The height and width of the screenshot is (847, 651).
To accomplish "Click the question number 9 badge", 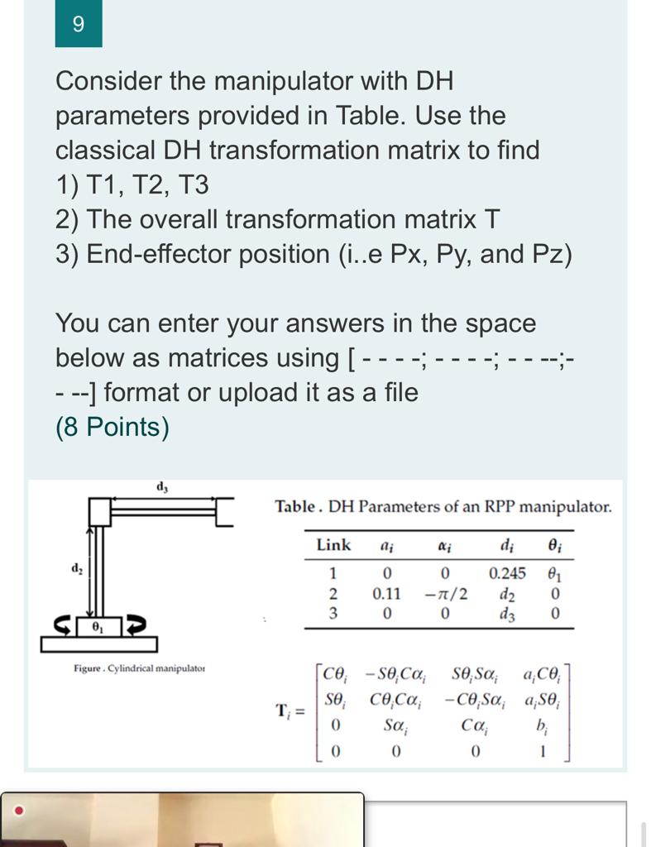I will pos(79,24).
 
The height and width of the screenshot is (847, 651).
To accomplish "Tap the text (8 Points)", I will pos(112,427).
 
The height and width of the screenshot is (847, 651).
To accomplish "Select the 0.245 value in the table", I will pos(507,573).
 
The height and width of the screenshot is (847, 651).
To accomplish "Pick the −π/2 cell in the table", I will pos(446,594).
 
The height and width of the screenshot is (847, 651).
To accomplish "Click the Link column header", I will pos(333,545).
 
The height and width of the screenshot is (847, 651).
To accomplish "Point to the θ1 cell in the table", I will pos(555,573).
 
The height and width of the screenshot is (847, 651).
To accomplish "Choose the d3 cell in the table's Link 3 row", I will pos(506,614).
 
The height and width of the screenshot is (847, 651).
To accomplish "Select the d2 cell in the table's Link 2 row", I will pos(506,594).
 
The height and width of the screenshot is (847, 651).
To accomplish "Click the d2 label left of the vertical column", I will pos(76,569).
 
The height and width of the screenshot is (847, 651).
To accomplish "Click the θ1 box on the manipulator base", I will pos(98,625).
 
